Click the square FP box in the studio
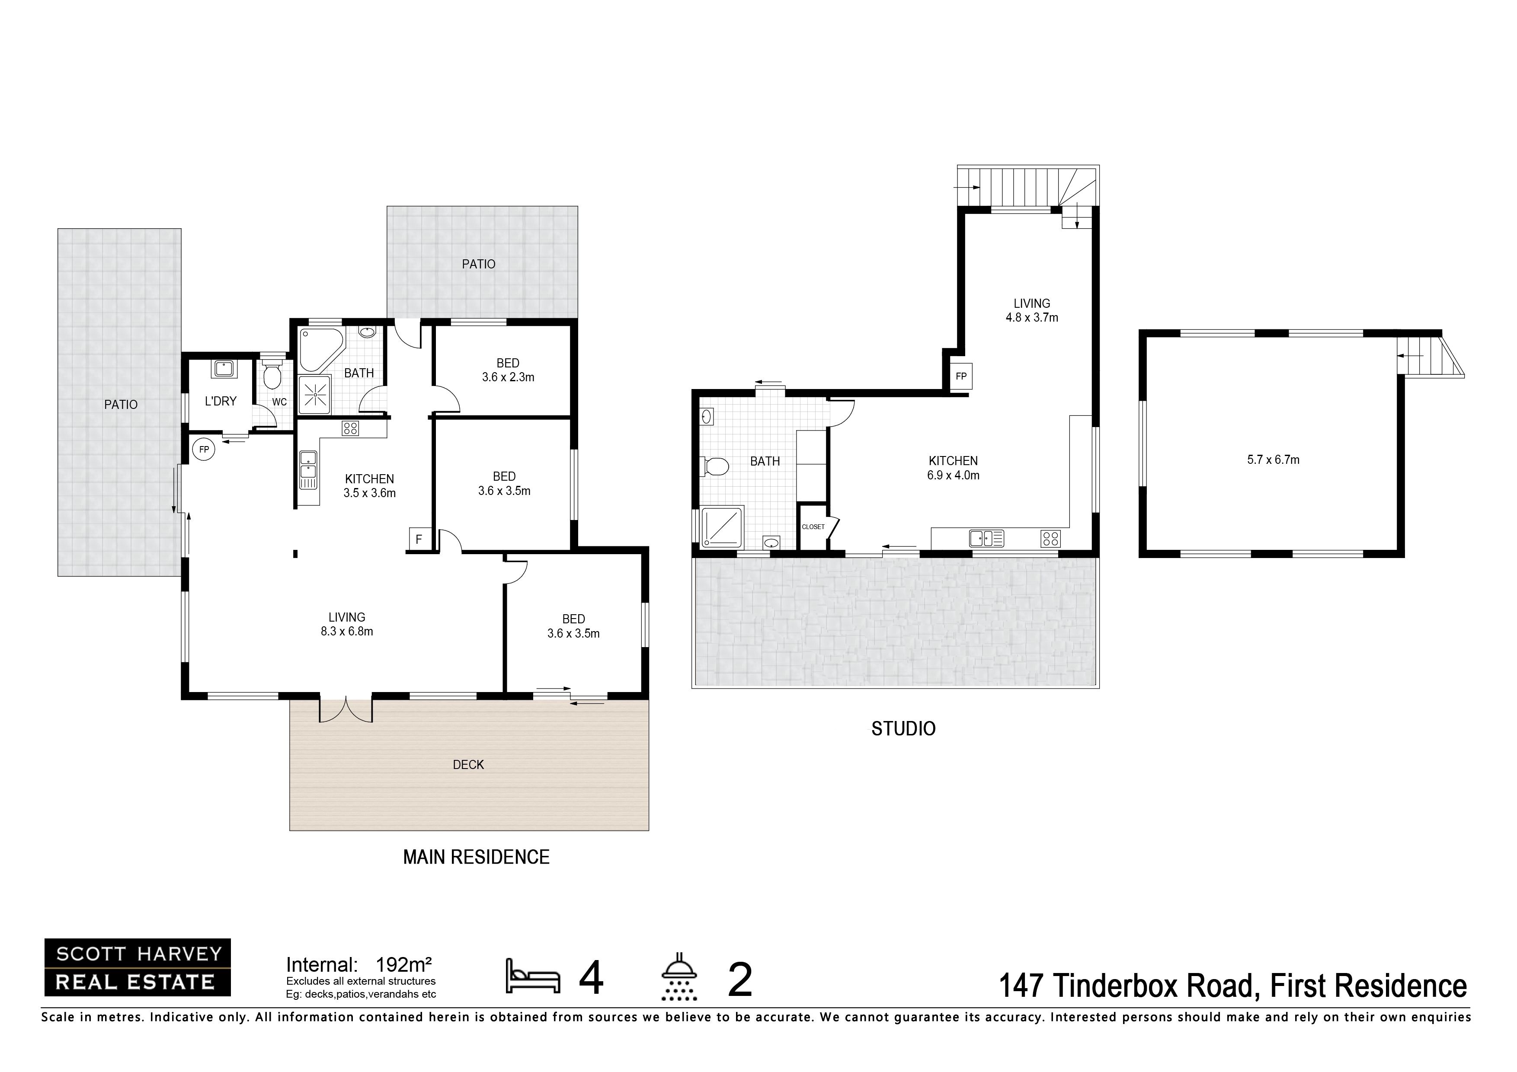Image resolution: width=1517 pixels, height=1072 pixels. coord(961,376)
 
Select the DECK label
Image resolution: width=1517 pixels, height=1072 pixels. coord(468,765)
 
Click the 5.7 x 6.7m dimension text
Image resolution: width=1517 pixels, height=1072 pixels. coord(1273,460)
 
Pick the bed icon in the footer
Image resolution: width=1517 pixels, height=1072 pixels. coord(532,976)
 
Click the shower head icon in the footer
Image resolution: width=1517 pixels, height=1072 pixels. coord(679,976)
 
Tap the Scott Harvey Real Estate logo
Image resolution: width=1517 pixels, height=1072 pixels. coord(138,968)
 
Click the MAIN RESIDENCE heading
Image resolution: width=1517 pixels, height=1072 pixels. coord(477,857)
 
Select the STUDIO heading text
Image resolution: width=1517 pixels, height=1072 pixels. coord(903,728)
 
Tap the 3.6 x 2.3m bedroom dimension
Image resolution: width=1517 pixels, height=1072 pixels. coord(508,377)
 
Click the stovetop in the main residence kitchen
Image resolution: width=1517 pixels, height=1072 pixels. coord(350,428)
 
